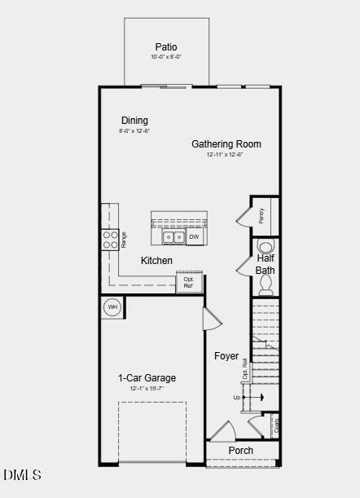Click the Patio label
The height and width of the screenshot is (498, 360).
(x=166, y=47)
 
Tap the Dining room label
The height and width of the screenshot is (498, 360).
(x=134, y=121)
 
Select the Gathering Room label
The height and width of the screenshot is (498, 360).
(x=226, y=144)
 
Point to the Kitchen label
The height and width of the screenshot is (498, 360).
(x=156, y=261)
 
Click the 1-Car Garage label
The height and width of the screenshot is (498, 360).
(x=147, y=378)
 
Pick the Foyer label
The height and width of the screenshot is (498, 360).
(x=226, y=356)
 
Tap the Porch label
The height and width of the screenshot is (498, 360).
(x=241, y=451)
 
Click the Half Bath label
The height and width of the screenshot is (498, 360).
(x=266, y=264)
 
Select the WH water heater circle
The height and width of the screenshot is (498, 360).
(x=112, y=307)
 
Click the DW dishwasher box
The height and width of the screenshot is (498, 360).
(x=194, y=237)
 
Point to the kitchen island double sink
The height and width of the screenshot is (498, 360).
(x=173, y=237)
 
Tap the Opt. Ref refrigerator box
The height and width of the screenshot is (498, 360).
(x=188, y=283)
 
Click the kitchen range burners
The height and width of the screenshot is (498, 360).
(x=109, y=239)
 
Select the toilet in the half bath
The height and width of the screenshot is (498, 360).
(x=266, y=284)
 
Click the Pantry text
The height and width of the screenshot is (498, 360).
(x=261, y=215)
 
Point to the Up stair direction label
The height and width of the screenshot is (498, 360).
(x=237, y=398)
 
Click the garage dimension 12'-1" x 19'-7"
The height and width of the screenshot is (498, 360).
(x=147, y=389)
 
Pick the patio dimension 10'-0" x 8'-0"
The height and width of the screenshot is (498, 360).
(x=166, y=57)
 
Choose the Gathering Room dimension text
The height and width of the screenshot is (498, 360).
(x=225, y=154)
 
